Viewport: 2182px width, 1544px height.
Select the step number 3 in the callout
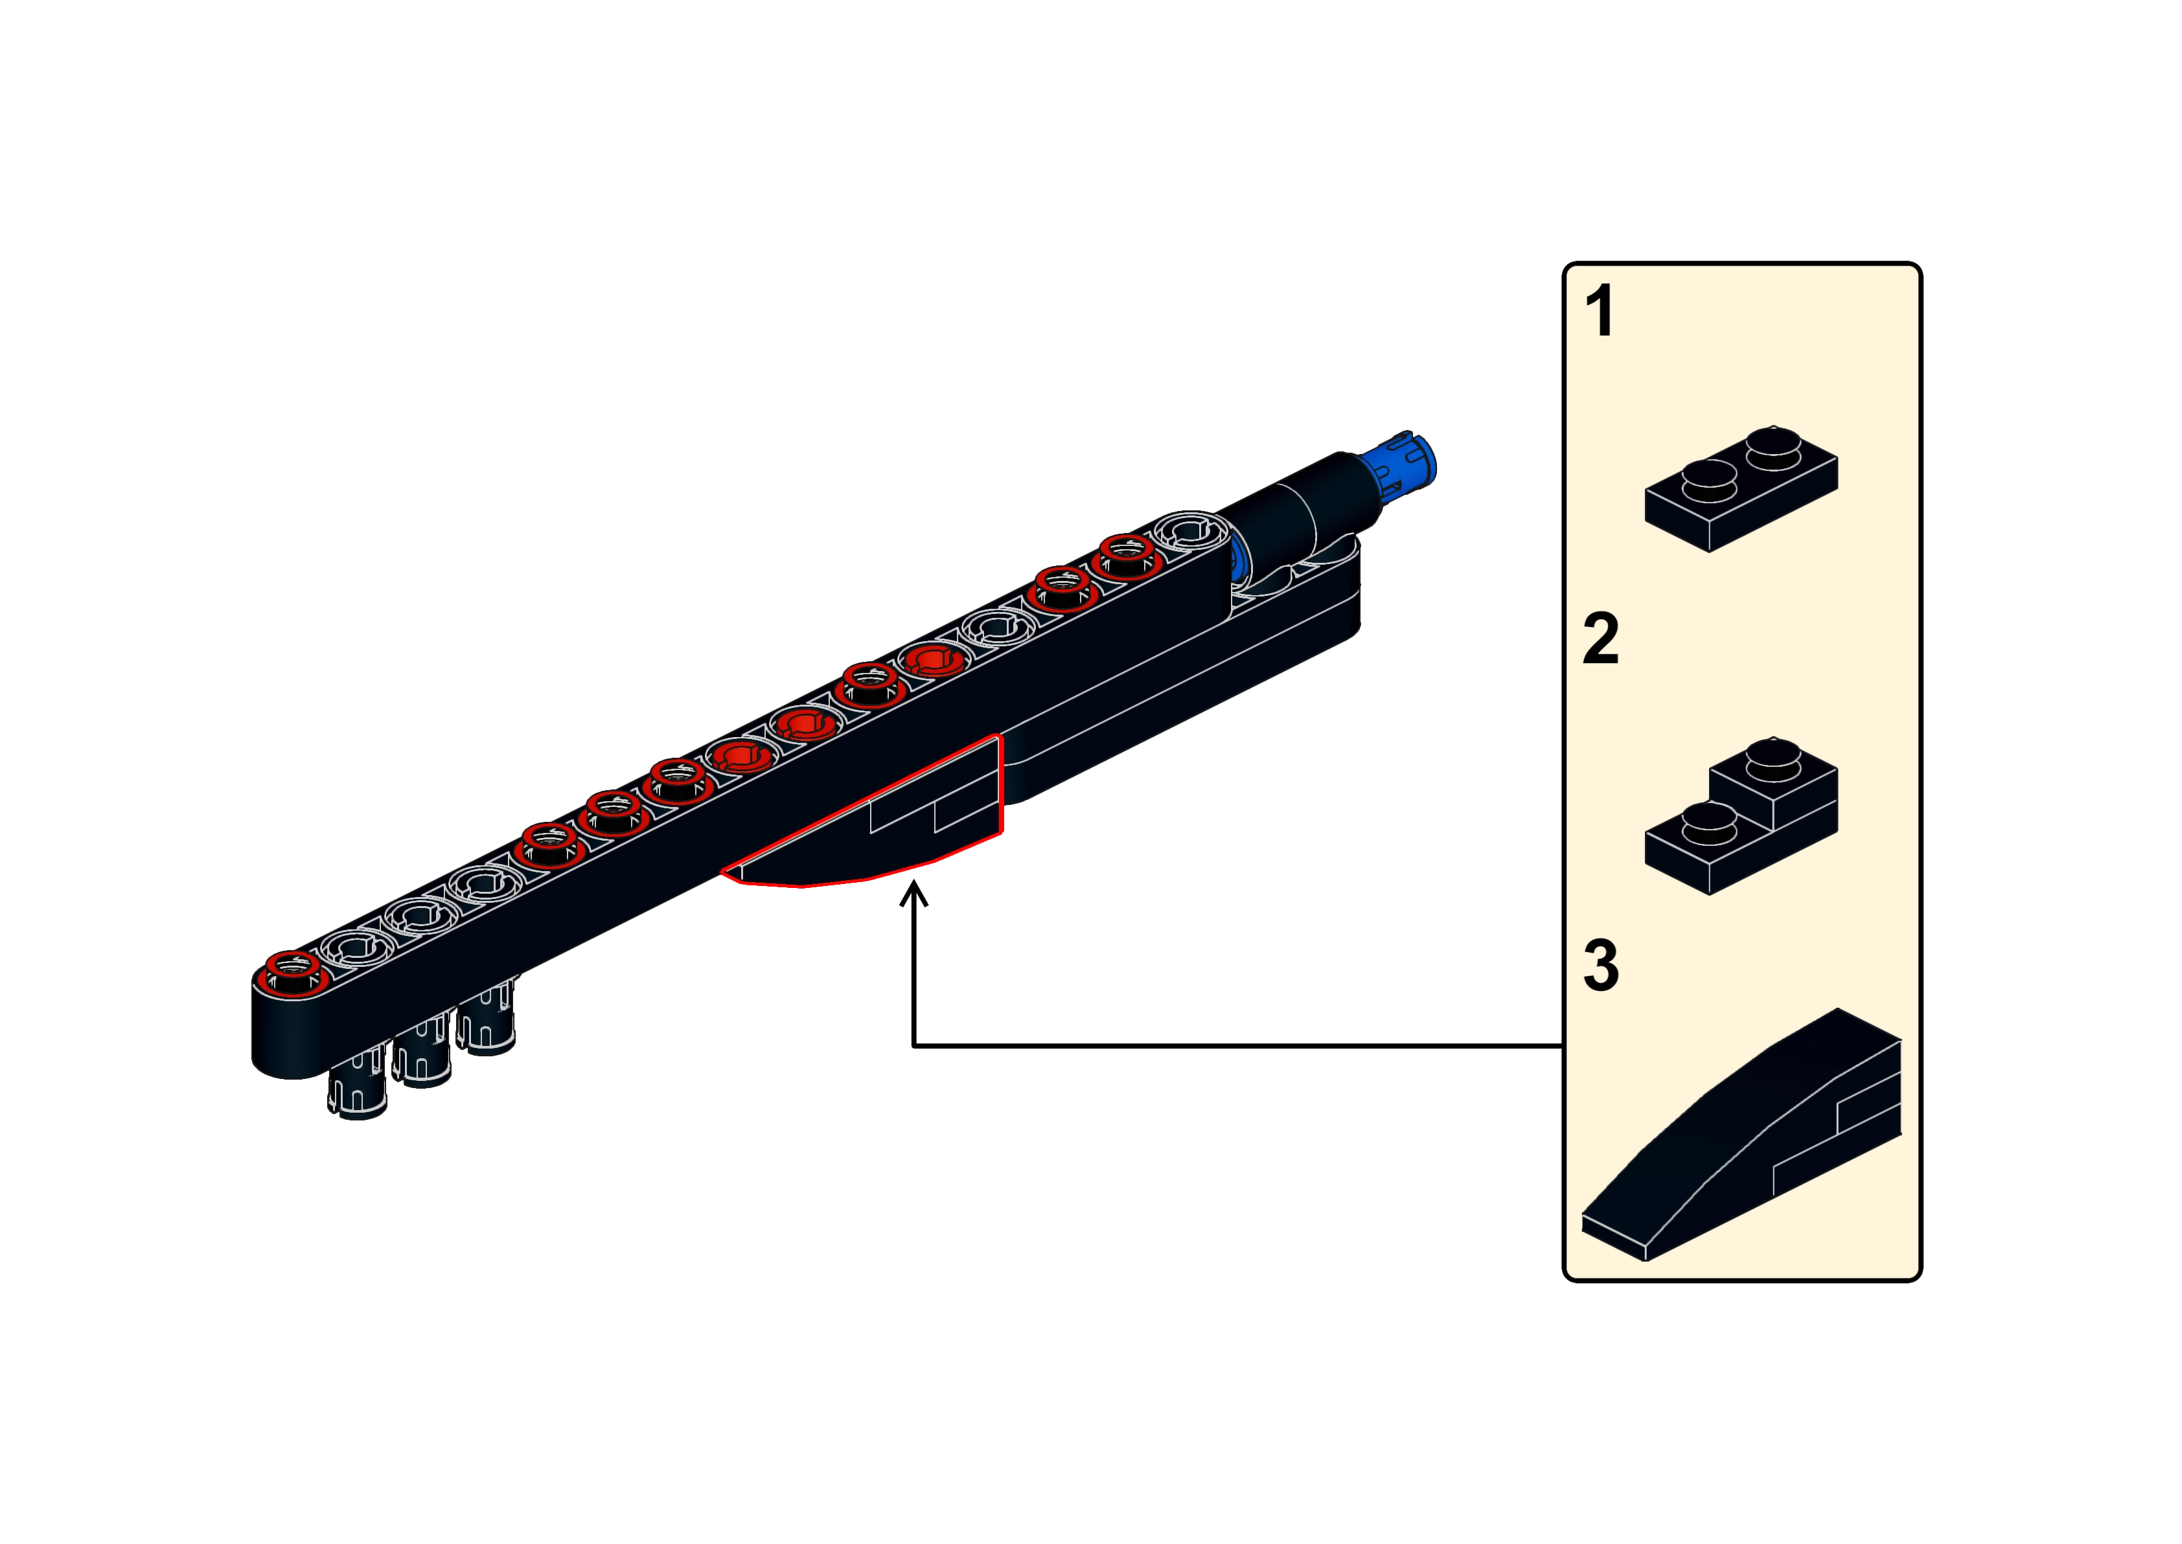point(1601,966)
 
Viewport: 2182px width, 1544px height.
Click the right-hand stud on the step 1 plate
point(1774,445)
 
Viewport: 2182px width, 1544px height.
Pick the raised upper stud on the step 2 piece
point(1774,758)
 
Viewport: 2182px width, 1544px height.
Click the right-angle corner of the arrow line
point(913,1046)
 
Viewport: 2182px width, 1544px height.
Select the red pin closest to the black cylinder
point(1128,554)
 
